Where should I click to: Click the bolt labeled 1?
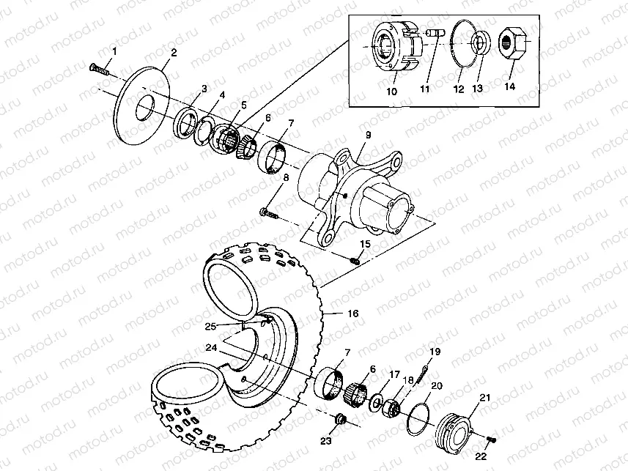click(98, 70)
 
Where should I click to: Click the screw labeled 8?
click(270, 213)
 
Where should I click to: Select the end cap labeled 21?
click(455, 431)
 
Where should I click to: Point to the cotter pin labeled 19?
click(424, 367)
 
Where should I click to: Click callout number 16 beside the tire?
click(352, 313)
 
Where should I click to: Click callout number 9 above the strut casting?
click(369, 135)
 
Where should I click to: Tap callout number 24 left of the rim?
click(211, 348)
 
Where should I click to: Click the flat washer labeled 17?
click(376, 402)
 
